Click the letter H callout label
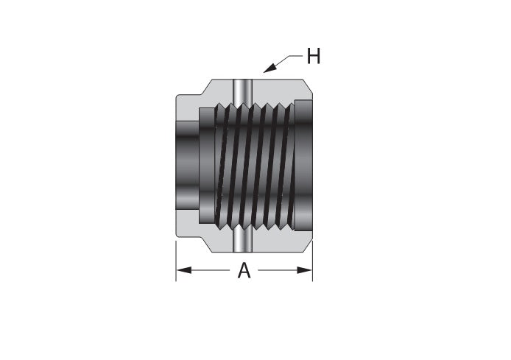[314, 56]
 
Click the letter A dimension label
[244, 270]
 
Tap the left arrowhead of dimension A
[184, 270]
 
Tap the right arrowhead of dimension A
[305, 270]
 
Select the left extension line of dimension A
[176, 261]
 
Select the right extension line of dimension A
[312, 261]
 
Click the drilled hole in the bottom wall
[243, 239]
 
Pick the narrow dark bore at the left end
[187, 165]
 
